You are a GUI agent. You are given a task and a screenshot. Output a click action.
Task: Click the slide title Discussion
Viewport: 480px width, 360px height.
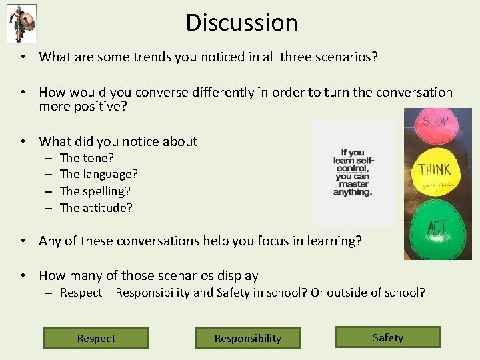(x=241, y=23)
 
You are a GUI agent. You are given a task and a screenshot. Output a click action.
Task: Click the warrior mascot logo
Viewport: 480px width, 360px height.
(x=21, y=23)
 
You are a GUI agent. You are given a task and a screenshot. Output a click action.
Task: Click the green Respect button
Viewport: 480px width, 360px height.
(x=96, y=338)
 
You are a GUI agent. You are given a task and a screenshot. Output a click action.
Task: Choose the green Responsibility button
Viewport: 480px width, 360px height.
(x=248, y=338)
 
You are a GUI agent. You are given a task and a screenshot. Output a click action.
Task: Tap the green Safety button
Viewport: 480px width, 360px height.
(x=388, y=337)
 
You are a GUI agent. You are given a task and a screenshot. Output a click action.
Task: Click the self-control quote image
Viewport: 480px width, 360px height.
(x=353, y=173)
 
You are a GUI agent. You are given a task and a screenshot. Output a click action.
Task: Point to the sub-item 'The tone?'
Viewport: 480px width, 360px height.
(x=87, y=158)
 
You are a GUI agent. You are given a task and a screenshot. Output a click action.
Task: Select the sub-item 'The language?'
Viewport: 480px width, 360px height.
(x=99, y=175)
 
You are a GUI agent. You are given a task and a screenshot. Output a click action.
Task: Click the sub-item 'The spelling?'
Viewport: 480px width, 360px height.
(x=96, y=191)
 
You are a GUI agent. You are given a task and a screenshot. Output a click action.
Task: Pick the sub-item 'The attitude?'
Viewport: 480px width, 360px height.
(x=96, y=208)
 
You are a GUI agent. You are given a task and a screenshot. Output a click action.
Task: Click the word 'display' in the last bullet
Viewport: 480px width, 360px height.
(x=237, y=275)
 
